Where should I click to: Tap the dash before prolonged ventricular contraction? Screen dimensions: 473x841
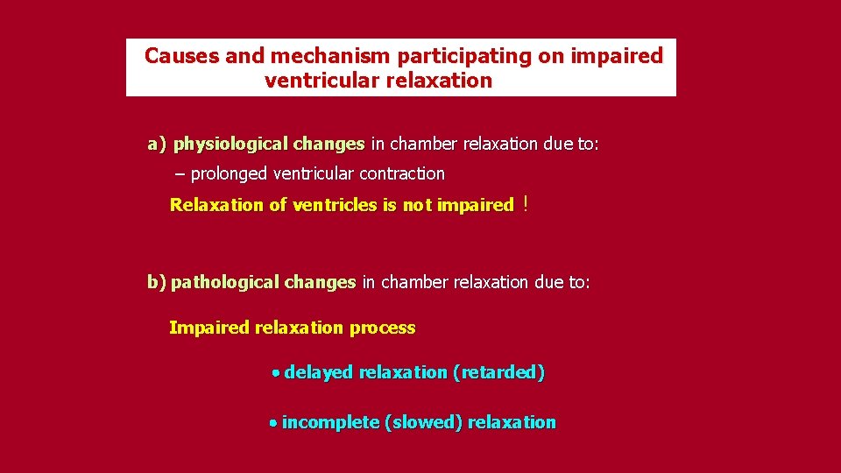pyautogui.click(x=180, y=174)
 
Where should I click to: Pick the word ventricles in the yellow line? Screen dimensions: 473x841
pyautogui.click(x=335, y=205)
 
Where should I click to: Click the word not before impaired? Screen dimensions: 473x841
pyautogui.click(x=417, y=205)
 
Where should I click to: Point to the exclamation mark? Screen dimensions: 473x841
pyautogui.click(x=524, y=205)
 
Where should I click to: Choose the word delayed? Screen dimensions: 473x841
pyautogui.click(x=318, y=372)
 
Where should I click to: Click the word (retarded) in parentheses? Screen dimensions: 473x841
pyautogui.click(x=498, y=372)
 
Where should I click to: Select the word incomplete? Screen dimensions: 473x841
pyautogui.click(x=330, y=422)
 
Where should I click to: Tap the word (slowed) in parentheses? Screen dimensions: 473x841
pyautogui.click(x=423, y=422)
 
